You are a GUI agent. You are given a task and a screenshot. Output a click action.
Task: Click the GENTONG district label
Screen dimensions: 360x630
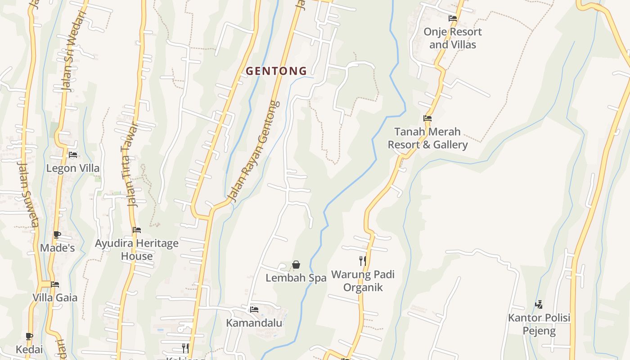pyautogui.click(x=276, y=71)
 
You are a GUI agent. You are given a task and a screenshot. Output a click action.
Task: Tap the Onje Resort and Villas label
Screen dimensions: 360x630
pyautogui.click(x=452, y=38)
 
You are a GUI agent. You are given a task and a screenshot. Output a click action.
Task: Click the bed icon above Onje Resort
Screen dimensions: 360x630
pyautogui.click(x=452, y=18)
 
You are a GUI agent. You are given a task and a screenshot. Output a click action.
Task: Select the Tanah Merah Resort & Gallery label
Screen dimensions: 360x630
pyautogui.click(x=427, y=138)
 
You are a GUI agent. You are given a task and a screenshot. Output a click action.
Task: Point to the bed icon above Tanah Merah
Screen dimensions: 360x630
pyautogui.click(x=427, y=118)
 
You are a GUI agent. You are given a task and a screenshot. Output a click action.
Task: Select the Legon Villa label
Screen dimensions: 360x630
pyautogui.click(x=73, y=168)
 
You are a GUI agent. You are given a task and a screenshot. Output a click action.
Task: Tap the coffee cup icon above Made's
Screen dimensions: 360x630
pyautogui.click(x=57, y=234)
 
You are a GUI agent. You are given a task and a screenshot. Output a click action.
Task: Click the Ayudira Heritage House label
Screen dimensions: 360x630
pyautogui.click(x=136, y=250)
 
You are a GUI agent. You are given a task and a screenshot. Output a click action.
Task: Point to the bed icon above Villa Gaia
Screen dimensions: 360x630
pyautogui.click(x=55, y=284)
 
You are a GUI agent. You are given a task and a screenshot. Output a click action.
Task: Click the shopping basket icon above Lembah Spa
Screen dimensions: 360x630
pyautogui.click(x=296, y=265)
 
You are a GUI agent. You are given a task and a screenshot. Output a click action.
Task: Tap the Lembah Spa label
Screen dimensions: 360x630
pyautogui.click(x=296, y=278)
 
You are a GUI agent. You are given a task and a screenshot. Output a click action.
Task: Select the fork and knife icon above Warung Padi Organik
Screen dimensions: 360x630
pyautogui.click(x=362, y=261)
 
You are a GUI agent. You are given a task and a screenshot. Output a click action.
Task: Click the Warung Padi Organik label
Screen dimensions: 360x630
pyautogui.click(x=363, y=281)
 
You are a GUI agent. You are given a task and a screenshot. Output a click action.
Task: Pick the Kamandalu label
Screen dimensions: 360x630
pyautogui.click(x=254, y=323)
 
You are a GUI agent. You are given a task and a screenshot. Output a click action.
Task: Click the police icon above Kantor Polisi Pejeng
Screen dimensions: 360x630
pyautogui.click(x=539, y=305)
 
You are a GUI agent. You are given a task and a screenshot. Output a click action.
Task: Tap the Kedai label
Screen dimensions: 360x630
pyautogui.click(x=29, y=350)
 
